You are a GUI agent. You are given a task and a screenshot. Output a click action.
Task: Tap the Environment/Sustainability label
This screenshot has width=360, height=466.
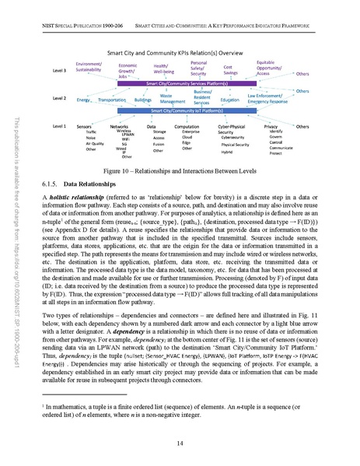89,66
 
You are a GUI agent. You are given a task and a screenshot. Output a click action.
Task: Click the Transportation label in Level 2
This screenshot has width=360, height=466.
112,100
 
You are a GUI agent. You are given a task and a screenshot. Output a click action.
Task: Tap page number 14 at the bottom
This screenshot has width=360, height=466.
180,443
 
